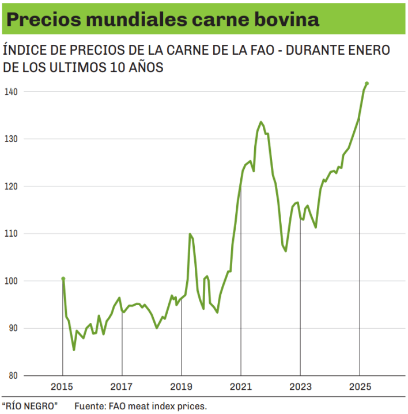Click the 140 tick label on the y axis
11,92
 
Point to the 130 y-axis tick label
11,139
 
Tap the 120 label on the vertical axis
11,186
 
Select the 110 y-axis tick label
11,233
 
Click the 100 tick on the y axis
11,281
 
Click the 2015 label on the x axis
62,386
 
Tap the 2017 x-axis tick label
122,386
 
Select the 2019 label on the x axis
181,386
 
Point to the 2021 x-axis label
240,386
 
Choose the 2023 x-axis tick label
300,386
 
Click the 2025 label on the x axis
359,386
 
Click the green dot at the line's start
63,279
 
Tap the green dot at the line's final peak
367,83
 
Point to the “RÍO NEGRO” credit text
29,406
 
